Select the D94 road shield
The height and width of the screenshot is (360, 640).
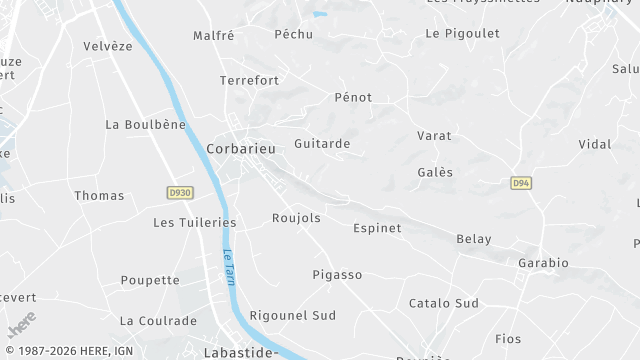520,184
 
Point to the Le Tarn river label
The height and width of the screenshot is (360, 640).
229,266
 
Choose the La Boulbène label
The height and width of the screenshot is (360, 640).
146,125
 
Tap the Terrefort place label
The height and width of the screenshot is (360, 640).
250,79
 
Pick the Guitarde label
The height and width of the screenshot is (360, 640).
322,144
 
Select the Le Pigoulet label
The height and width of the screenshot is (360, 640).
462,33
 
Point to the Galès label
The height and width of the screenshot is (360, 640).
435,172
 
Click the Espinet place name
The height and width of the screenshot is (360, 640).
377,228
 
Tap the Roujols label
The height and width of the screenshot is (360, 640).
296,218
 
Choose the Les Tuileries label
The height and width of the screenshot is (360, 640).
194,222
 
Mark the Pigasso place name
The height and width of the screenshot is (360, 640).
337,274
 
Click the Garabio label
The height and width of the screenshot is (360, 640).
543,263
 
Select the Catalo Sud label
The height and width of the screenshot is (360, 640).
444,303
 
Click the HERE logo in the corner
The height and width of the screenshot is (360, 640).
21,326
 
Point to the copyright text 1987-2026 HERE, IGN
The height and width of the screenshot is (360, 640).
69,351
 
